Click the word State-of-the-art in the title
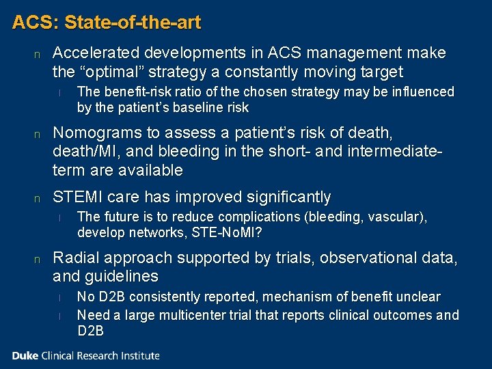pyautogui.click(x=133, y=23)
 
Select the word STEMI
pyautogui.click(x=75, y=198)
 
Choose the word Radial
pyautogui.click(x=74, y=258)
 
